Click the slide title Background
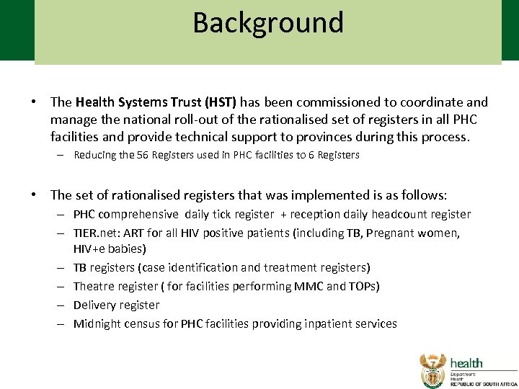coord(268,23)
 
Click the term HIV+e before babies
coord(90,249)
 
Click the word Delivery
coord(94,305)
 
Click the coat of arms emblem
coord(433,370)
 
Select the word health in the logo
coord(467,363)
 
